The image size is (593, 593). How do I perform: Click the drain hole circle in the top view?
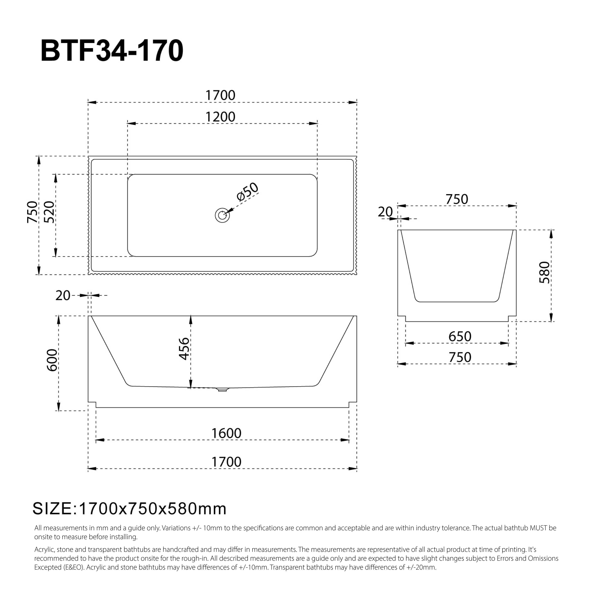(x=222, y=215)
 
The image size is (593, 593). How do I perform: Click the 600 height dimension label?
(x=52, y=360)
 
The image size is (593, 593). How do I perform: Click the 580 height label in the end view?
(x=544, y=273)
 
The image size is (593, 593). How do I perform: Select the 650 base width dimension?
(x=460, y=337)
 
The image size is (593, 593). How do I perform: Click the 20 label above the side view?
(x=63, y=296)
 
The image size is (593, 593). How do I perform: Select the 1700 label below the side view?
(x=226, y=462)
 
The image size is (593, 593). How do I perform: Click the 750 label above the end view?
(x=457, y=199)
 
